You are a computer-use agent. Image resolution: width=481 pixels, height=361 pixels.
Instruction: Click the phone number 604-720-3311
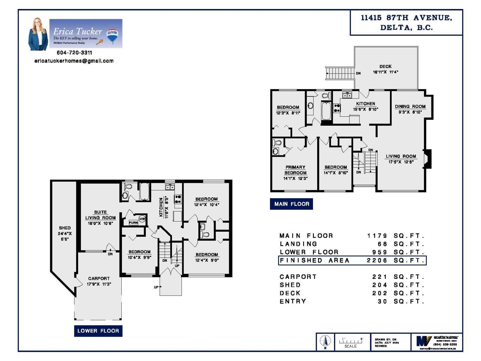click(74, 53)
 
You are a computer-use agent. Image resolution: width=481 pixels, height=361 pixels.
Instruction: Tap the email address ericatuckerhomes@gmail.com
click(74, 61)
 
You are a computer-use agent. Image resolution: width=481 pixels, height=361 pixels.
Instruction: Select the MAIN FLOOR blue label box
click(291, 204)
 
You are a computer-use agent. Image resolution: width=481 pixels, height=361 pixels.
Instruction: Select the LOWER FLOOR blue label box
click(98, 331)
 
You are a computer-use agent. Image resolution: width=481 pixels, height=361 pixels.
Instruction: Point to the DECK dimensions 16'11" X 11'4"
click(385, 72)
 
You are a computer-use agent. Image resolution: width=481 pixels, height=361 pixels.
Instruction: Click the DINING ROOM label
click(410, 106)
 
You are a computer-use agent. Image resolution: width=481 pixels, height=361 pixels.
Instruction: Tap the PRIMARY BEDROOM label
click(295, 170)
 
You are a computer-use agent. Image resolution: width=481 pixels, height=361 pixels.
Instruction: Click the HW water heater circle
click(142, 219)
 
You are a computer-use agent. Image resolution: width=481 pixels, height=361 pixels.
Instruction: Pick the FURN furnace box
click(133, 223)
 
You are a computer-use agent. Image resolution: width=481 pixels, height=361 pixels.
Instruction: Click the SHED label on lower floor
click(65, 228)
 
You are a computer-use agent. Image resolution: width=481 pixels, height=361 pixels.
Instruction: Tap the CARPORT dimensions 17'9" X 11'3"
click(99, 284)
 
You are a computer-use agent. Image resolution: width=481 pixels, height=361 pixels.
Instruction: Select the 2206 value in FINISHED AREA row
click(377, 261)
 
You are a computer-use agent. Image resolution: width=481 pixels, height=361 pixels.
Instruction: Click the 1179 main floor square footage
click(377, 236)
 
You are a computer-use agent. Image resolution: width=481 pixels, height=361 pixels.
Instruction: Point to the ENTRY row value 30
click(382, 301)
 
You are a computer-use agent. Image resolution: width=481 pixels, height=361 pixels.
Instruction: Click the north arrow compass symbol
click(325, 341)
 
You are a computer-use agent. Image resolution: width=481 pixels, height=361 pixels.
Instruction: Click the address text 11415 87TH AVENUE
click(406, 18)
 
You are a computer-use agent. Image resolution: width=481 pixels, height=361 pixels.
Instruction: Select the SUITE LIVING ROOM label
click(100, 215)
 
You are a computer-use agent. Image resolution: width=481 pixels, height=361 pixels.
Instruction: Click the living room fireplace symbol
click(428, 159)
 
